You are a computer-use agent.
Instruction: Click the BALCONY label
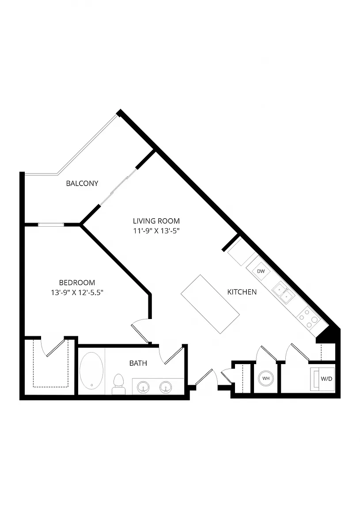pyautogui.click(x=82, y=183)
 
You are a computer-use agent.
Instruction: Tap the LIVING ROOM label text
pyautogui.click(x=156, y=221)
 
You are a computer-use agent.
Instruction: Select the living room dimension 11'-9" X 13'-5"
pyautogui.click(x=156, y=231)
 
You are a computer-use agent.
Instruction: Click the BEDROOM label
pyautogui.click(x=77, y=283)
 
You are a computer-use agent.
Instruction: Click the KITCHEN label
pyautogui.click(x=242, y=292)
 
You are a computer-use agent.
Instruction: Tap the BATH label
pyautogui.click(x=138, y=363)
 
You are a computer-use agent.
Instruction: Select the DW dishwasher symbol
pyautogui.click(x=261, y=271)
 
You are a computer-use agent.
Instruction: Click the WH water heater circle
pyautogui.click(x=266, y=379)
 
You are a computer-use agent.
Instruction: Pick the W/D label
pyautogui.click(x=326, y=379)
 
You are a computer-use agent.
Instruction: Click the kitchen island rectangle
pyautogui.click(x=210, y=304)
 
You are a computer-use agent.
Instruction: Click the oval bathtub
pyautogui.click(x=91, y=371)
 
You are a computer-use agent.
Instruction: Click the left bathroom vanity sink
pyautogui.click(x=143, y=387)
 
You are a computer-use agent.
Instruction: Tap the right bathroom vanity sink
pyautogui.click(x=166, y=387)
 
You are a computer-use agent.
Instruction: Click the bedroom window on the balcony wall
pyautogui.click(x=51, y=224)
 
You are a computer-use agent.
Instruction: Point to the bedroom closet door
pyautogui.click(x=56, y=348)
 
